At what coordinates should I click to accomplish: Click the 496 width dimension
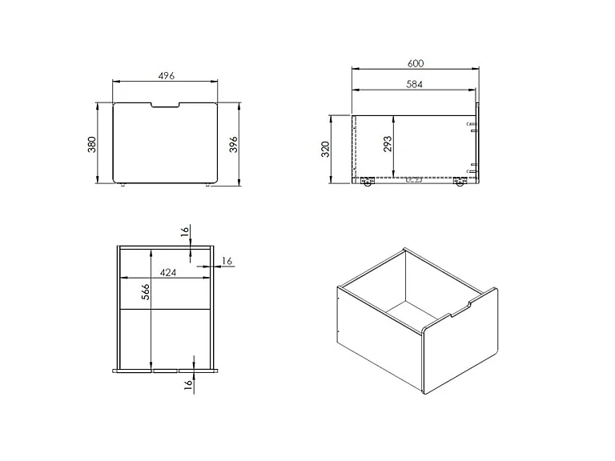167,76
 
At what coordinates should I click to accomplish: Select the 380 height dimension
92,144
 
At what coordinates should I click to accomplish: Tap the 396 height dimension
233,144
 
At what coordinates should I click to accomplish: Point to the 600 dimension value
416,63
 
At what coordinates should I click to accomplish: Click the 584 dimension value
414,84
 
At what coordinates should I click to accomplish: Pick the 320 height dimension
326,150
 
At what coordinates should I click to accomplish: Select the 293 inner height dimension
387,144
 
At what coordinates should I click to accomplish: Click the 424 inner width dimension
168,272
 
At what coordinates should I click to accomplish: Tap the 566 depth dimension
146,292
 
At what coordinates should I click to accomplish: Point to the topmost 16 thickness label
185,231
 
